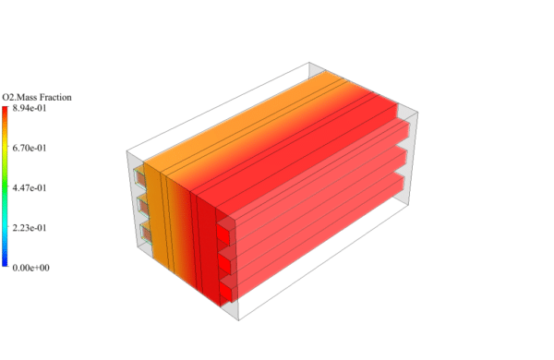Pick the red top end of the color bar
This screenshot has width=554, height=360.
pos(6,111)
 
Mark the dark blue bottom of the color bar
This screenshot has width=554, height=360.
pos(6,263)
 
